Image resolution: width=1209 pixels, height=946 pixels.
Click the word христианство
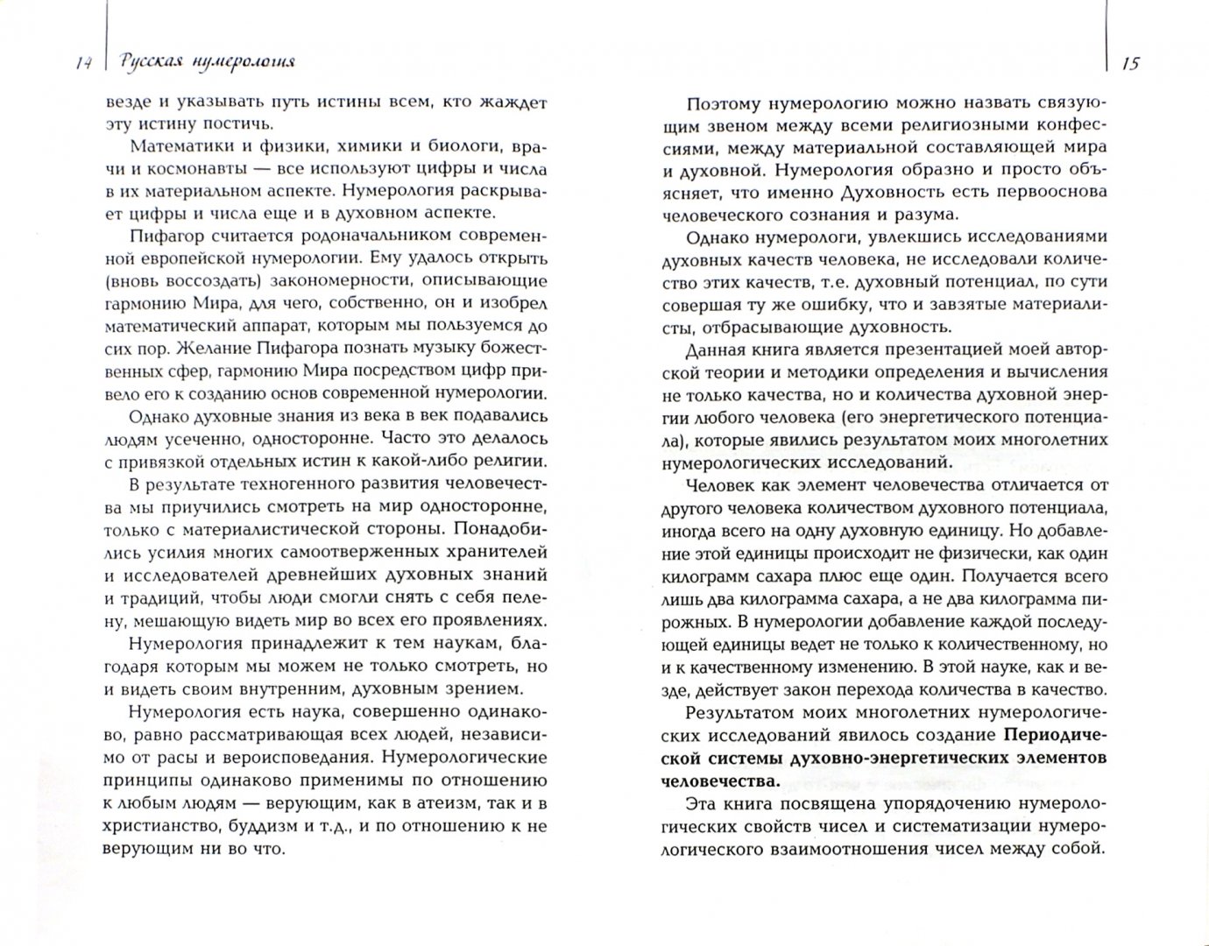(159, 825)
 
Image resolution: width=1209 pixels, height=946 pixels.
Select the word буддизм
(257, 825)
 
